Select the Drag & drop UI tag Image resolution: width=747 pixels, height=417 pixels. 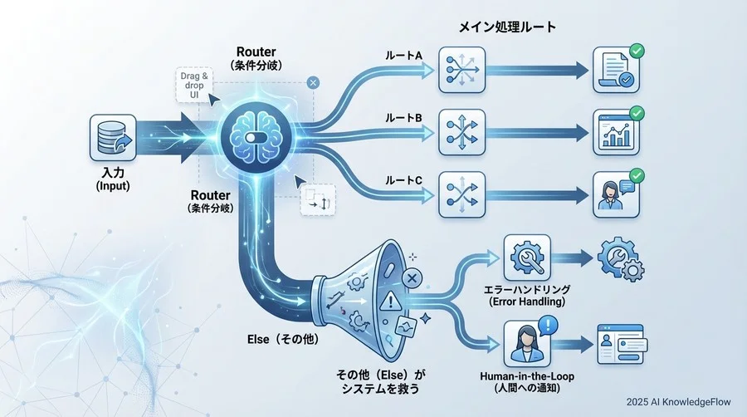coord(194,86)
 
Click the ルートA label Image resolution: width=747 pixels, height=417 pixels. coord(403,56)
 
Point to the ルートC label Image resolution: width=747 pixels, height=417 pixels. coord(403,179)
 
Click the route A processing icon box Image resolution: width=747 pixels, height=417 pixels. coord(461,70)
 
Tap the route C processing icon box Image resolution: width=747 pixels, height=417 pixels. coord(461,194)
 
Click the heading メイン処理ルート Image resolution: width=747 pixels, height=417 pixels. coord(507,27)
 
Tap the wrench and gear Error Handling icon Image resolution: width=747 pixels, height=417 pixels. coord(528,258)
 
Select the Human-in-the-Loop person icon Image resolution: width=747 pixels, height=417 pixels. coord(529,343)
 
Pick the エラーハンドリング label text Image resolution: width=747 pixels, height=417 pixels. coord(528,289)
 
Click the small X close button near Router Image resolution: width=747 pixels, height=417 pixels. coord(312,82)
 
